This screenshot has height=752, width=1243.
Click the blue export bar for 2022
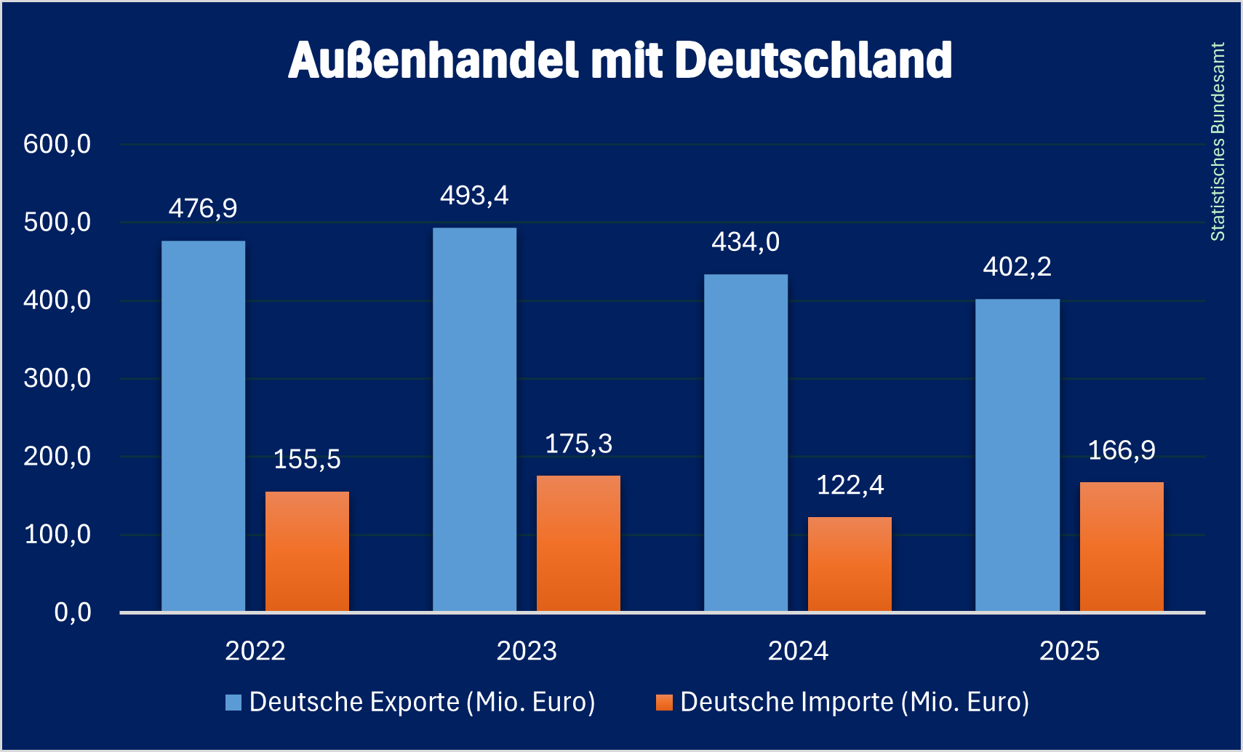[203, 425]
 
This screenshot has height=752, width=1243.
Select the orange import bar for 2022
[307, 551]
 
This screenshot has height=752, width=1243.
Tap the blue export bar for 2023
[474, 420]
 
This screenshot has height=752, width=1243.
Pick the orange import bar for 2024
[850, 564]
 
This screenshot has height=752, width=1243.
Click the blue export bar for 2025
[1017, 455]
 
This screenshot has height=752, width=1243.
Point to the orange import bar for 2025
[1121, 546]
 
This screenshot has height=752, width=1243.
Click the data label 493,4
[474, 196]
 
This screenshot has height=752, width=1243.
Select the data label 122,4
[850, 485]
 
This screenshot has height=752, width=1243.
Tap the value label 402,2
[1017, 267]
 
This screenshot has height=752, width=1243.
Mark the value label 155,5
[307, 460]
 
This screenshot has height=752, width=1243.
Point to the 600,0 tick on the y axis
[57, 144]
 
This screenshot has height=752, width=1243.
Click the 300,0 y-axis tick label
[57, 378]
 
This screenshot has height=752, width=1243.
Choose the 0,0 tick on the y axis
[73, 612]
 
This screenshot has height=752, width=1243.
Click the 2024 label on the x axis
[798, 650]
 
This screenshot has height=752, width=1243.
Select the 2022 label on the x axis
[255, 650]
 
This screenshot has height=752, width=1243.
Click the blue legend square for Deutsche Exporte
[233, 703]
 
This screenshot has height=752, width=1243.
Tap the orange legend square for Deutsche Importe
[664, 703]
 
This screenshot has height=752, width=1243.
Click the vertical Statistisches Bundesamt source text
[1218, 142]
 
